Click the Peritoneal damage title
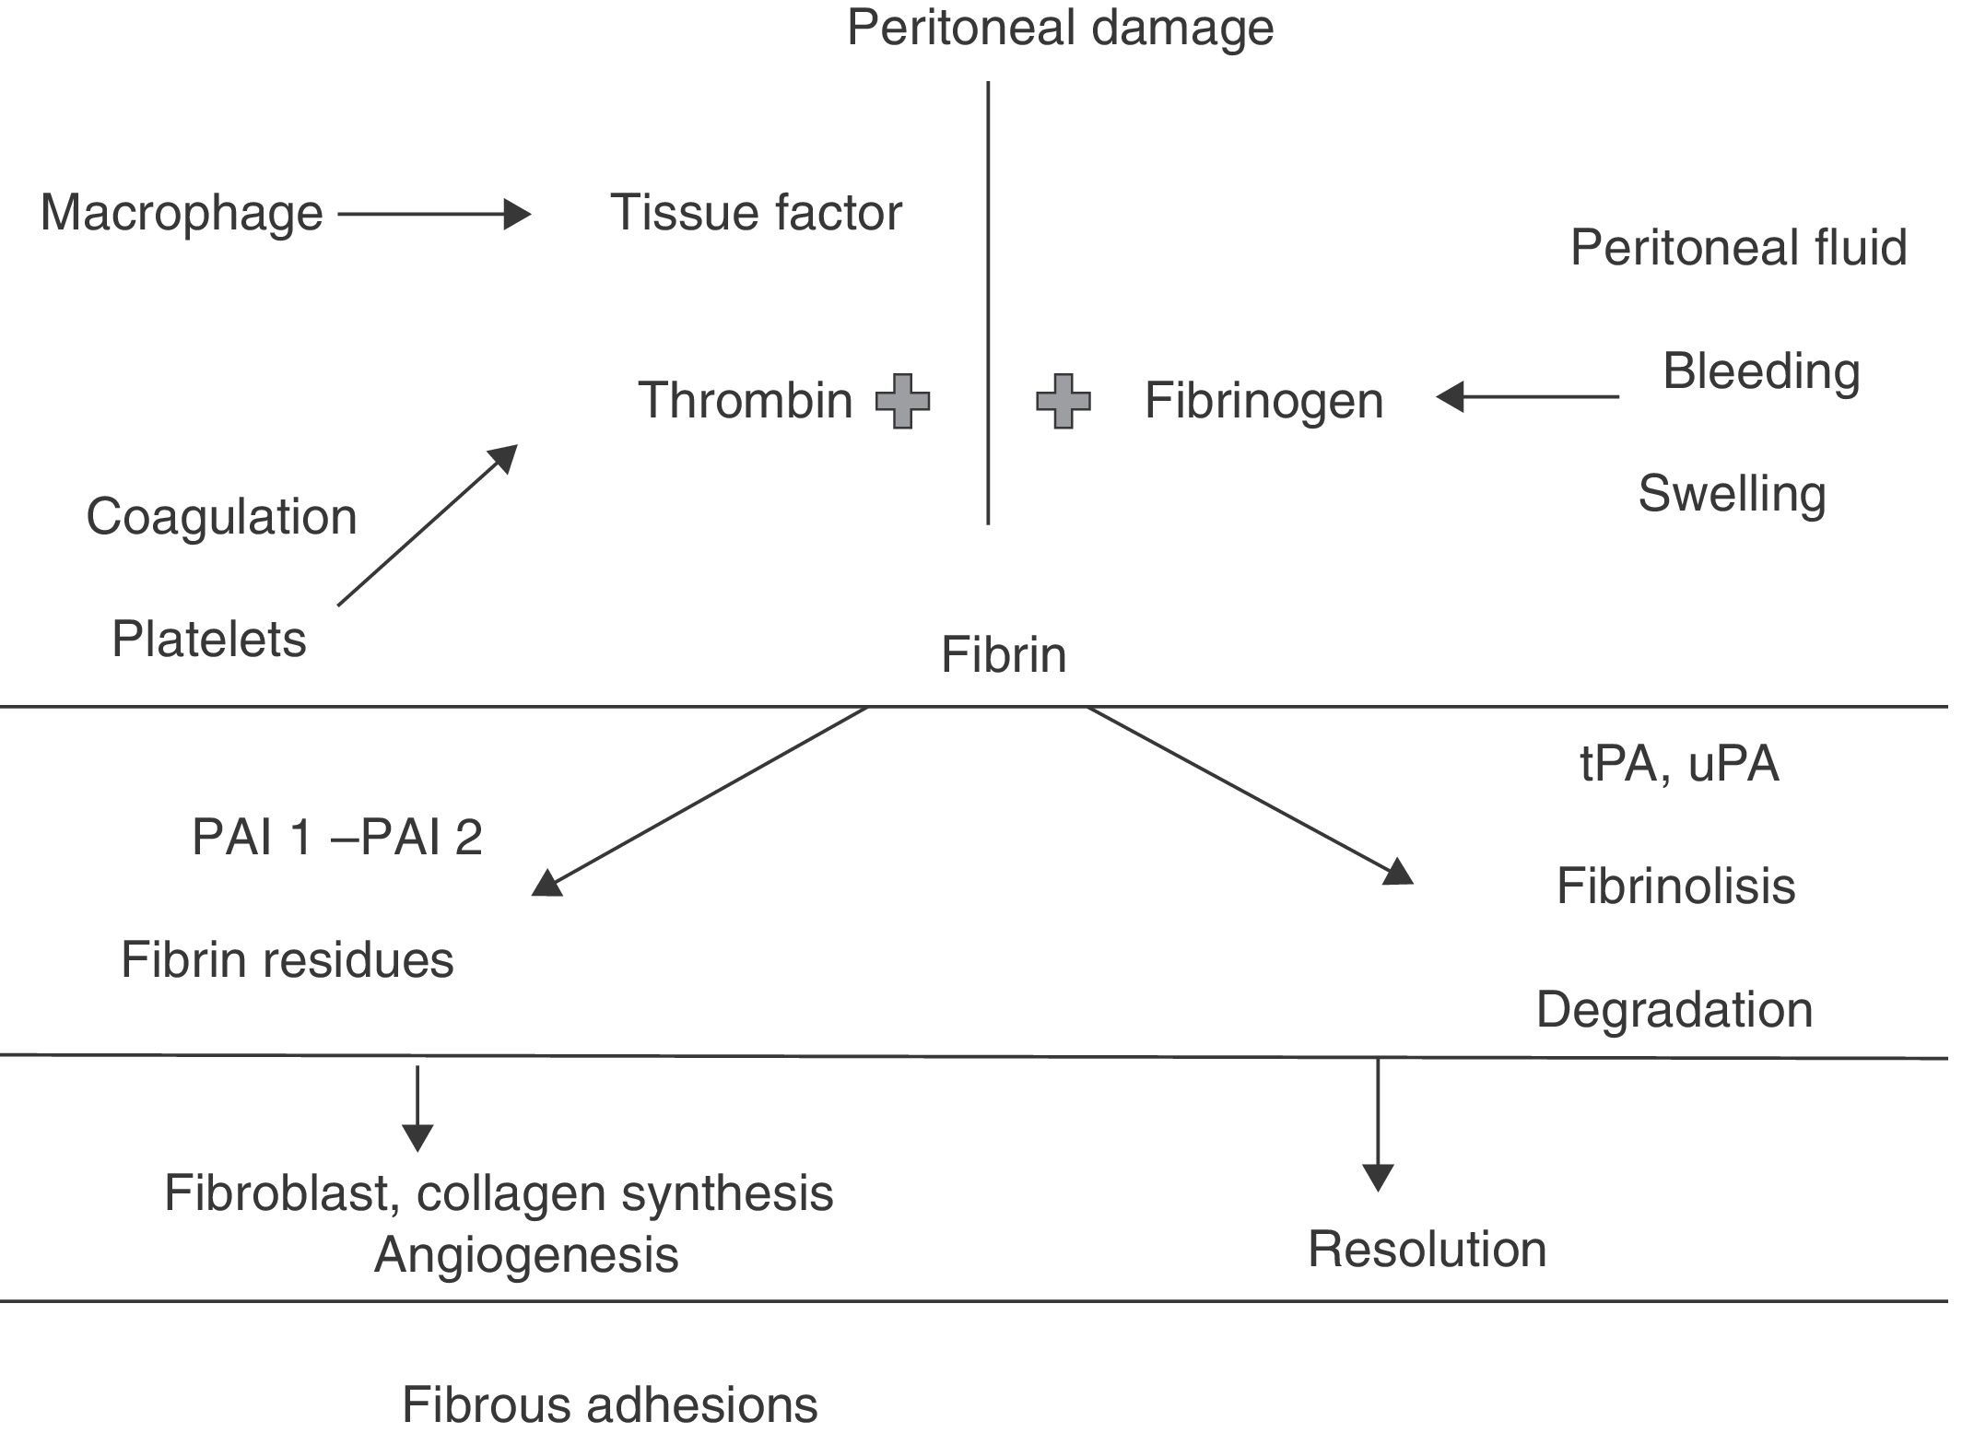[1060, 28]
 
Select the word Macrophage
[182, 214]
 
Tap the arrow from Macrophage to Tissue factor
[433, 215]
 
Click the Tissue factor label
[756, 213]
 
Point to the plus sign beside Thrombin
[902, 401]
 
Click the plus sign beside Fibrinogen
[1063, 401]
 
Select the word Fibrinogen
[1263, 401]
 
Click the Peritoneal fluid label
[1738, 248]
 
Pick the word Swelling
[1732, 494]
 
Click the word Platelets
[209, 639]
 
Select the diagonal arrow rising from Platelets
[428, 525]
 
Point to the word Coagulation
[221, 516]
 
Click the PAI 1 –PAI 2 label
[337, 838]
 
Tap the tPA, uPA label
[1679, 764]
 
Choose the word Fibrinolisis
[1675, 887]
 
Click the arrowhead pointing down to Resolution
[1378, 1177]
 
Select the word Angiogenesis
[526, 1255]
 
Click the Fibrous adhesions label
[610, 1404]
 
